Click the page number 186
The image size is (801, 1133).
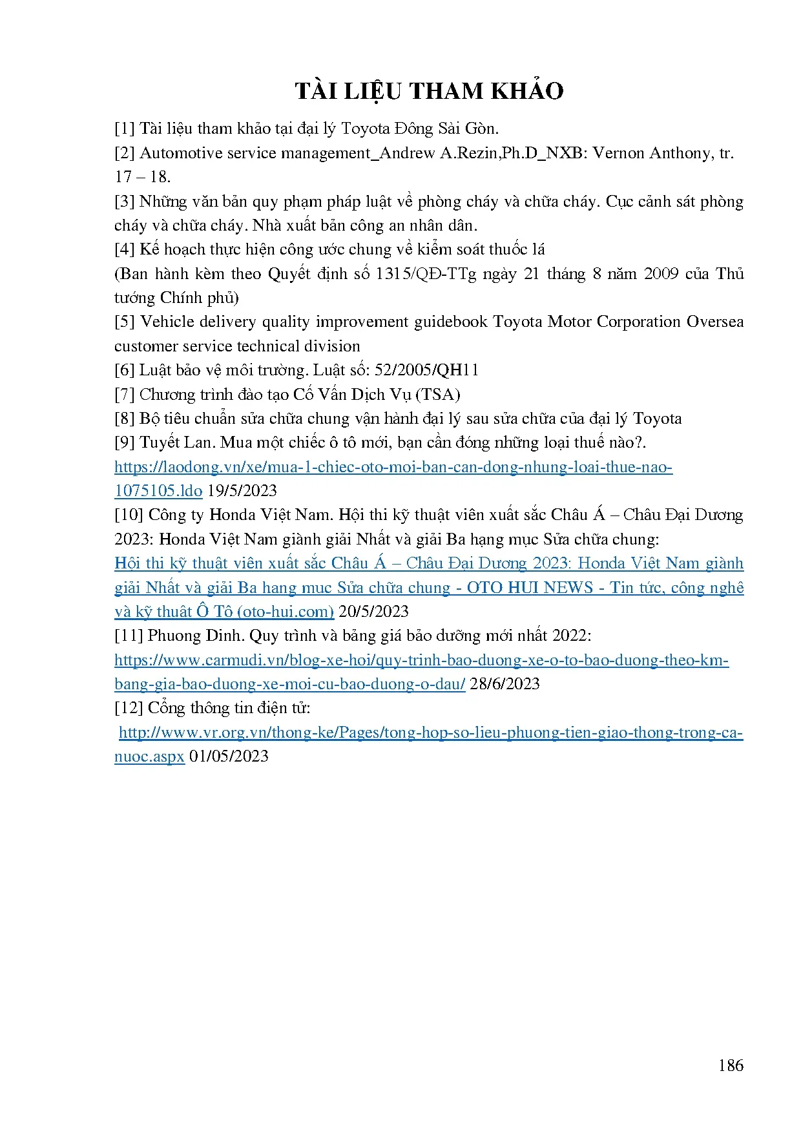pos(731,1065)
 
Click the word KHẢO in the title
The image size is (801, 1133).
pos(527,91)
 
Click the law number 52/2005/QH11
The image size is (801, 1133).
pos(426,370)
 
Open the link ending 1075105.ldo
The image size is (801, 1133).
pos(158,491)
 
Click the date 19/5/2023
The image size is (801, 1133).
pos(242,491)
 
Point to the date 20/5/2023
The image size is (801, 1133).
pos(373,612)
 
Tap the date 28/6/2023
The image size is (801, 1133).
pos(505,684)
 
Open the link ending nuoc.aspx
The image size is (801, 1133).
pos(149,756)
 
